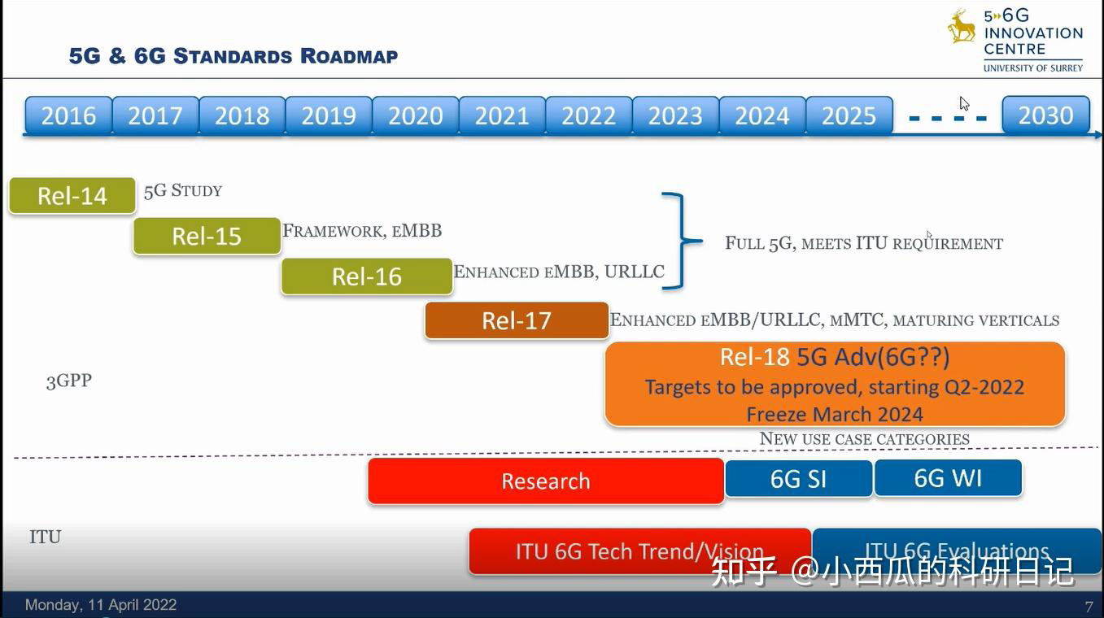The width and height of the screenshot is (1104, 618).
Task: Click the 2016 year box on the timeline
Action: coord(68,115)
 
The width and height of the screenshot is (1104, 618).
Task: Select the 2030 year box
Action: coord(1046,115)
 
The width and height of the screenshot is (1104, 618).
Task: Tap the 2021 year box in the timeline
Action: coord(502,115)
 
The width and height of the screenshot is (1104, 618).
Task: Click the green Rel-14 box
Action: coord(72,195)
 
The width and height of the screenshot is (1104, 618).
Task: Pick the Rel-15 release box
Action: coord(207,236)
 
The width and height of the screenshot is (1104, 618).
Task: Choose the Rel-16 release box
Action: coord(367,276)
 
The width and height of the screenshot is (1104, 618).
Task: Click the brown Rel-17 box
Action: coord(517,320)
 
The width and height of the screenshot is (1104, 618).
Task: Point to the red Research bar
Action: coord(546,481)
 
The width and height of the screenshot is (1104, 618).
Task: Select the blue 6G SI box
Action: coord(798,479)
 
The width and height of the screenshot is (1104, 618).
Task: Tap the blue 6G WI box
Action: coord(948,477)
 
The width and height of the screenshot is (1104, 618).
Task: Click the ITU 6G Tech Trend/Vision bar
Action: coord(639,551)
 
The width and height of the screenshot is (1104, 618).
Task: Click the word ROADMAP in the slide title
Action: coord(349,56)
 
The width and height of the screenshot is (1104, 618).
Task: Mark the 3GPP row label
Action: coord(69,381)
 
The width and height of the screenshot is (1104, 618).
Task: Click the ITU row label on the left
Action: coord(46,537)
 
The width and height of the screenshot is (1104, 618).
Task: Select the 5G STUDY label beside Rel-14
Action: coord(183,190)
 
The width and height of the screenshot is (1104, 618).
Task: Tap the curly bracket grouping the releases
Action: coord(680,241)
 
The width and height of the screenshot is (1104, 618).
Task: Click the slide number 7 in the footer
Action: coord(1089,606)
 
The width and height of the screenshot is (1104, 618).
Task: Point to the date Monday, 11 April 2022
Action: coord(101,605)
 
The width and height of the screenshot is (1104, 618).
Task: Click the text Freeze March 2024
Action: coord(835,415)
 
